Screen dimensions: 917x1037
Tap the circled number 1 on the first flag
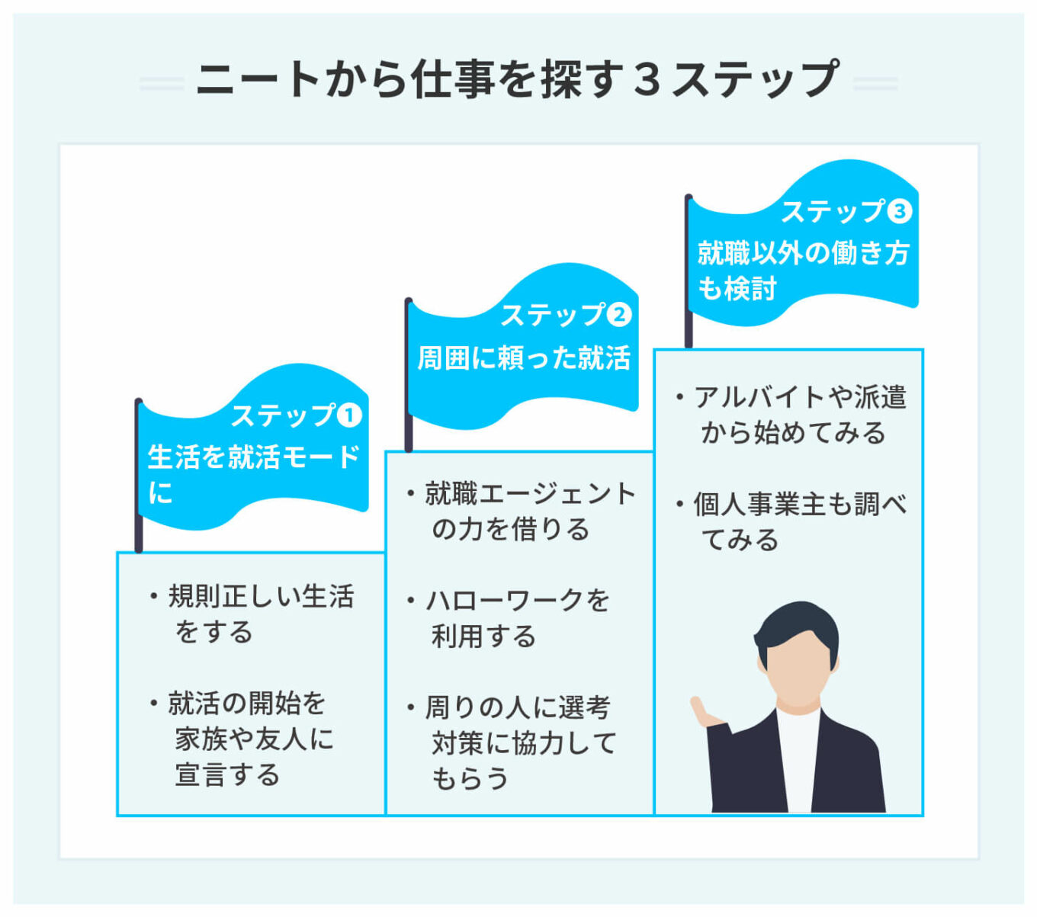[x=349, y=415]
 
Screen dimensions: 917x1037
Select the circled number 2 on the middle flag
[x=618, y=314]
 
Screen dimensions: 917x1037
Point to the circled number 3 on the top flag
[x=899, y=211]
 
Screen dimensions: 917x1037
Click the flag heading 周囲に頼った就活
[x=524, y=358]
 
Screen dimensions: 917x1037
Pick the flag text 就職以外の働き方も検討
[x=802, y=270]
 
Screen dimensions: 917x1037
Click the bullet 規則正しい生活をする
[x=259, y=614]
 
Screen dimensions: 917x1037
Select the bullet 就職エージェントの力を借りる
[x=529, y=511]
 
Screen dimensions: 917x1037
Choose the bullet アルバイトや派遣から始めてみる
[x=798, y=415]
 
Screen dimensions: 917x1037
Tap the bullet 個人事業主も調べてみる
[x=798, y=522]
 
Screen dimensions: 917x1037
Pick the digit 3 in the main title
[x=646, y=79]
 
